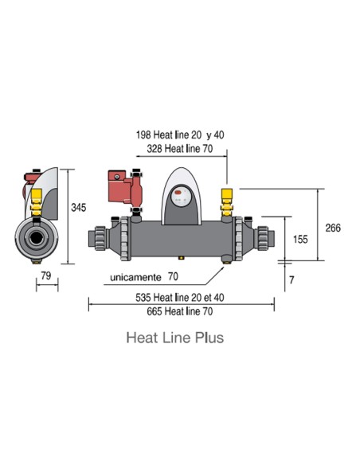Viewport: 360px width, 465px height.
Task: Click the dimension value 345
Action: point(78,208)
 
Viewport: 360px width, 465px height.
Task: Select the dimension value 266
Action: point(333,228)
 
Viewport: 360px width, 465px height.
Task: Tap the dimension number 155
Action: point(299,239)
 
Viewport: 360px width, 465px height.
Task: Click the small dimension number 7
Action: point(292,280)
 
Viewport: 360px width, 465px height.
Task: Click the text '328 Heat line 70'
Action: point(181,150)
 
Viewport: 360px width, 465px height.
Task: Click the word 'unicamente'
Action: point(133,277)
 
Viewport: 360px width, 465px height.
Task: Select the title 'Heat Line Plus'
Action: point(174,338)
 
